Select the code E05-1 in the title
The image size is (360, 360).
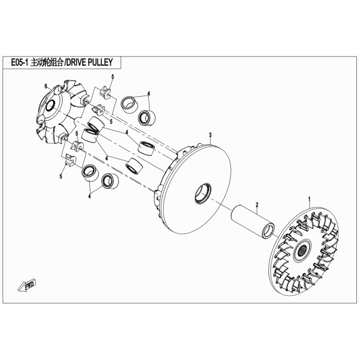point(20,62)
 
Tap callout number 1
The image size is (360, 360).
point(309,198)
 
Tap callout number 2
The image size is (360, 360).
point(257,204)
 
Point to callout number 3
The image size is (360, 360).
point(210,135)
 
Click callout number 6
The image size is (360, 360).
point(46,86)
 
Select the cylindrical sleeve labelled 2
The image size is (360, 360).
point(253,221)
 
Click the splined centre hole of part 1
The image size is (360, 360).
point(302,251)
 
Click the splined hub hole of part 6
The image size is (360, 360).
point(50,106)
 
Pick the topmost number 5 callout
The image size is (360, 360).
point(113,77)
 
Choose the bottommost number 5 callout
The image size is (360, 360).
point(61,176)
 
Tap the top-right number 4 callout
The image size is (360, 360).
point(149,94)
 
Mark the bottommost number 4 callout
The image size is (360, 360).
point(89,196)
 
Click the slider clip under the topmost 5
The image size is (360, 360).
point(105,92)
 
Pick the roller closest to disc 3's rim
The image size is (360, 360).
point(147,149)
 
